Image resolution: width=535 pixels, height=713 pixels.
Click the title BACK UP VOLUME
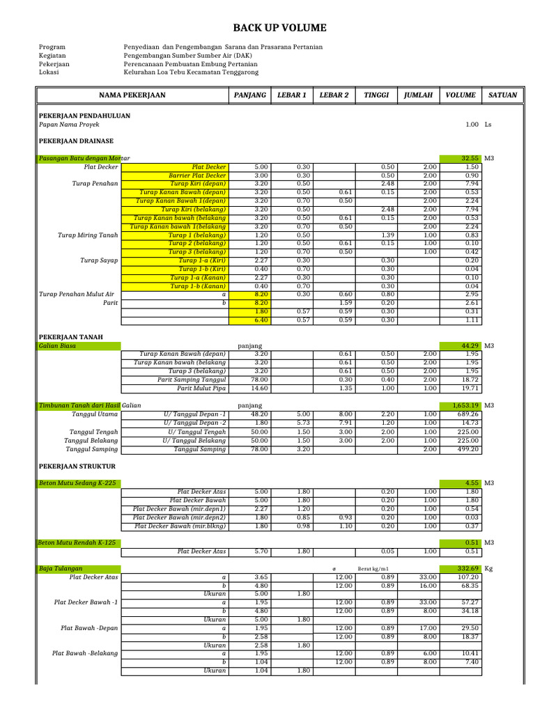(279, 28)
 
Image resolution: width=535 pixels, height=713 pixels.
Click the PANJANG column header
(250, 95)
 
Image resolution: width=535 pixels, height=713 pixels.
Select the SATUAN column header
(503, 95)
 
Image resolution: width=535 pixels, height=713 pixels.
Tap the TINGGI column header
(376, 95)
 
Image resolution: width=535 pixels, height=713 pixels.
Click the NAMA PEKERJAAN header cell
(132, 95)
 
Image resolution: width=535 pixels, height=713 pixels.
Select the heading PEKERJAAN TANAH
(70, 337)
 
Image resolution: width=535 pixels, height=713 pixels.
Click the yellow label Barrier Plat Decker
(198, 175)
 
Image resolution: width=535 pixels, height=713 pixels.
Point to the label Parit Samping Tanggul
(192, 379)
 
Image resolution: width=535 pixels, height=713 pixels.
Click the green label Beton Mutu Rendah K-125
(77, 542)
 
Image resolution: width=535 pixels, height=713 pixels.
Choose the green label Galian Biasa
(58, 345)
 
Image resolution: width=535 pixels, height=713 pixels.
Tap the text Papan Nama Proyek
(65, 125)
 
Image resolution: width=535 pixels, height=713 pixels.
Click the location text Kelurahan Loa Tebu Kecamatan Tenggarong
(190, 72)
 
